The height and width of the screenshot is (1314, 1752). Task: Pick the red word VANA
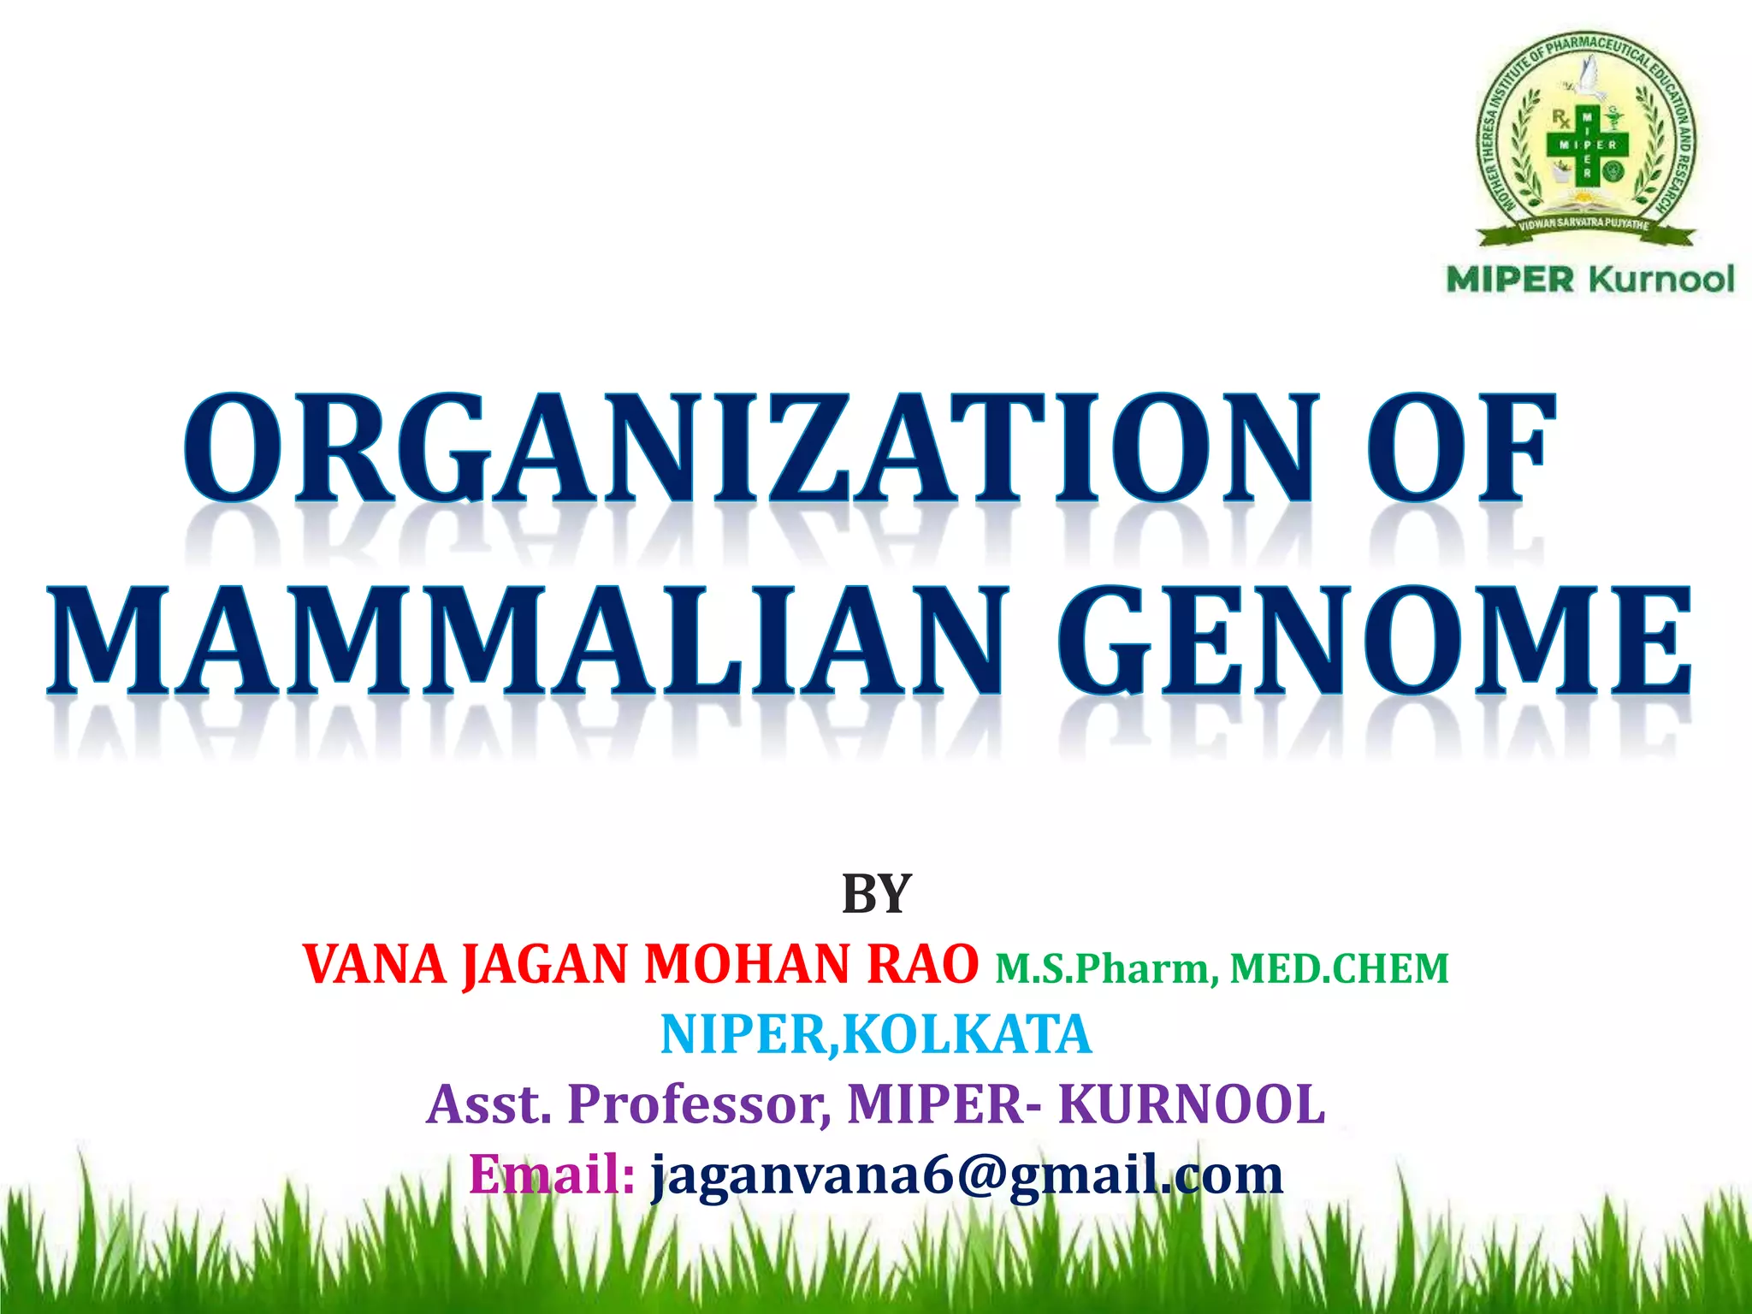(375, 965)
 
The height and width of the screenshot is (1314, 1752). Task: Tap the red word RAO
(922, 965)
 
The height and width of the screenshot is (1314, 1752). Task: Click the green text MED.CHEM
(1339, 969)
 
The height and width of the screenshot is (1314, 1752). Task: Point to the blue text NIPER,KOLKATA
(876, 1034)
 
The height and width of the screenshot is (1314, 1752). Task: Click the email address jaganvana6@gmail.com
(967, 1175)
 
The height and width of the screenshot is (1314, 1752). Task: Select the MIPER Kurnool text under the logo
(1589, 280)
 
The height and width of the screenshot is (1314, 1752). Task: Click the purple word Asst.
(488, 1104)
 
